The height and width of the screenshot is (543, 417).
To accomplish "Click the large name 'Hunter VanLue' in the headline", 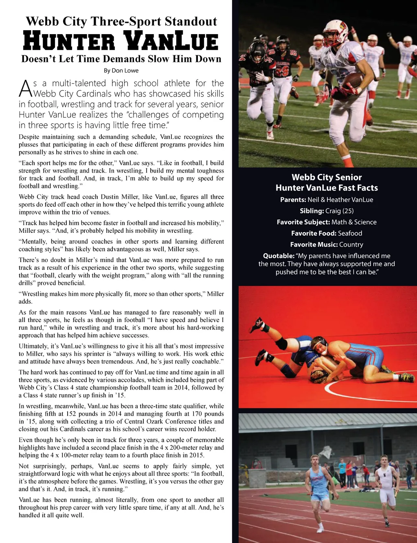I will tap(121, 41).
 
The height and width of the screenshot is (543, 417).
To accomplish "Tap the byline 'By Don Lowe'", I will tap(121, 70).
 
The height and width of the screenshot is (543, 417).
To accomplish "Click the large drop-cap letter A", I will tap(25, 88).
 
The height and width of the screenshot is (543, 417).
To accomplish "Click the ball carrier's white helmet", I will tap(335, 33).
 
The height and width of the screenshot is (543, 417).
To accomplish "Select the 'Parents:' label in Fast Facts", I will tap(293, 200).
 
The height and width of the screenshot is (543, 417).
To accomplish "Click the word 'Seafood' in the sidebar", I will tap(350, 233).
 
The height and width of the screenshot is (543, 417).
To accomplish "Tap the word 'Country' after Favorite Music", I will tap(351, 245).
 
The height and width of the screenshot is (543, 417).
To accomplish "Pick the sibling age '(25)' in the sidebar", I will tap(346, 211).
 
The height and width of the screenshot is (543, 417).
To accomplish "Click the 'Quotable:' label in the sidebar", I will tap(279, 256).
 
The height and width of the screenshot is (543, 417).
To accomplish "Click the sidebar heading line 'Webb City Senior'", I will tap(327, 177).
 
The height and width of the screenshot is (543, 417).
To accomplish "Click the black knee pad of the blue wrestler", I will tap(281, 343).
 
